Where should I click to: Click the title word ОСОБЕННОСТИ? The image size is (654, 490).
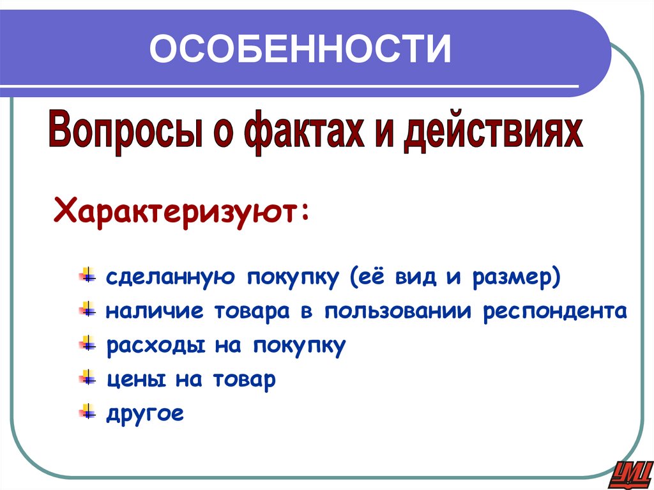click(300, 49)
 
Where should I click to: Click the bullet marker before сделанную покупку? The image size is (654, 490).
click(86, 277)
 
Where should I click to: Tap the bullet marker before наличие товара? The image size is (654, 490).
click(86, 311)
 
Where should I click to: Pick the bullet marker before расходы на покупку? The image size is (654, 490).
click(86, 345)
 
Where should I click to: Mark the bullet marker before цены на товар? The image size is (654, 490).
click(86, 379)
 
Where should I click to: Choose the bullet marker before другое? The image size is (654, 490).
click(86, 413)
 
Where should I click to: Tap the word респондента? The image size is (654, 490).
click(555, 312)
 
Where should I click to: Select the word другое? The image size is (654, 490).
click(145, 414)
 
